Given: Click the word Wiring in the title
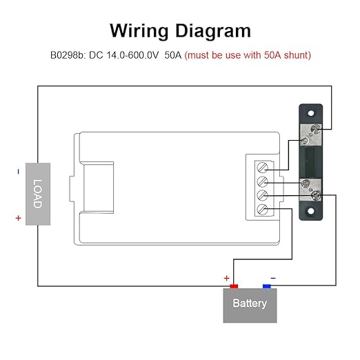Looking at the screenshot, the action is tap(139, 31).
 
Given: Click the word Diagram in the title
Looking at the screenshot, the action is tap(213, 31).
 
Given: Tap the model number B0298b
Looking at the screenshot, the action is tap(68, 55).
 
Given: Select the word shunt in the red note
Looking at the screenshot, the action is tap(297, 55).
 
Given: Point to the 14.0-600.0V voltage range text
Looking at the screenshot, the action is tap(132, 55).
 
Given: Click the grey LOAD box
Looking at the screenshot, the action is tap(38, 194).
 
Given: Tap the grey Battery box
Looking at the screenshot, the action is tap(250, 306).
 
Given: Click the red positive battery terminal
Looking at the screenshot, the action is tap(234, 286).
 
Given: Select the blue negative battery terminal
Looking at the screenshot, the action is tap(267, 286).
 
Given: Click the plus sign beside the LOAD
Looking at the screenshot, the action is tap(19, 218).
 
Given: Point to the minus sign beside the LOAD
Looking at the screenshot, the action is tap(19, 172).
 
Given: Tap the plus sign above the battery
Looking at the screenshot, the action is tap(227, 278).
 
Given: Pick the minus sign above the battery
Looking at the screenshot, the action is tap(273, 278).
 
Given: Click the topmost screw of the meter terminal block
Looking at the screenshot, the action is tap(262, 168).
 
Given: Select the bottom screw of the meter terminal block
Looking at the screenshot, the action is tap(262, 210).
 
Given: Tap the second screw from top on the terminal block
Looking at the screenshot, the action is tap(262, 181).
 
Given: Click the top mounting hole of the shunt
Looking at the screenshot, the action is tap(311, 113).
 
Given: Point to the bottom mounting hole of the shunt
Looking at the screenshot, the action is tap(311, 211).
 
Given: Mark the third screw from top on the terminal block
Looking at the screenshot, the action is tap(262, 195).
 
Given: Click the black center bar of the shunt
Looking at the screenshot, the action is tap(311, 162).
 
